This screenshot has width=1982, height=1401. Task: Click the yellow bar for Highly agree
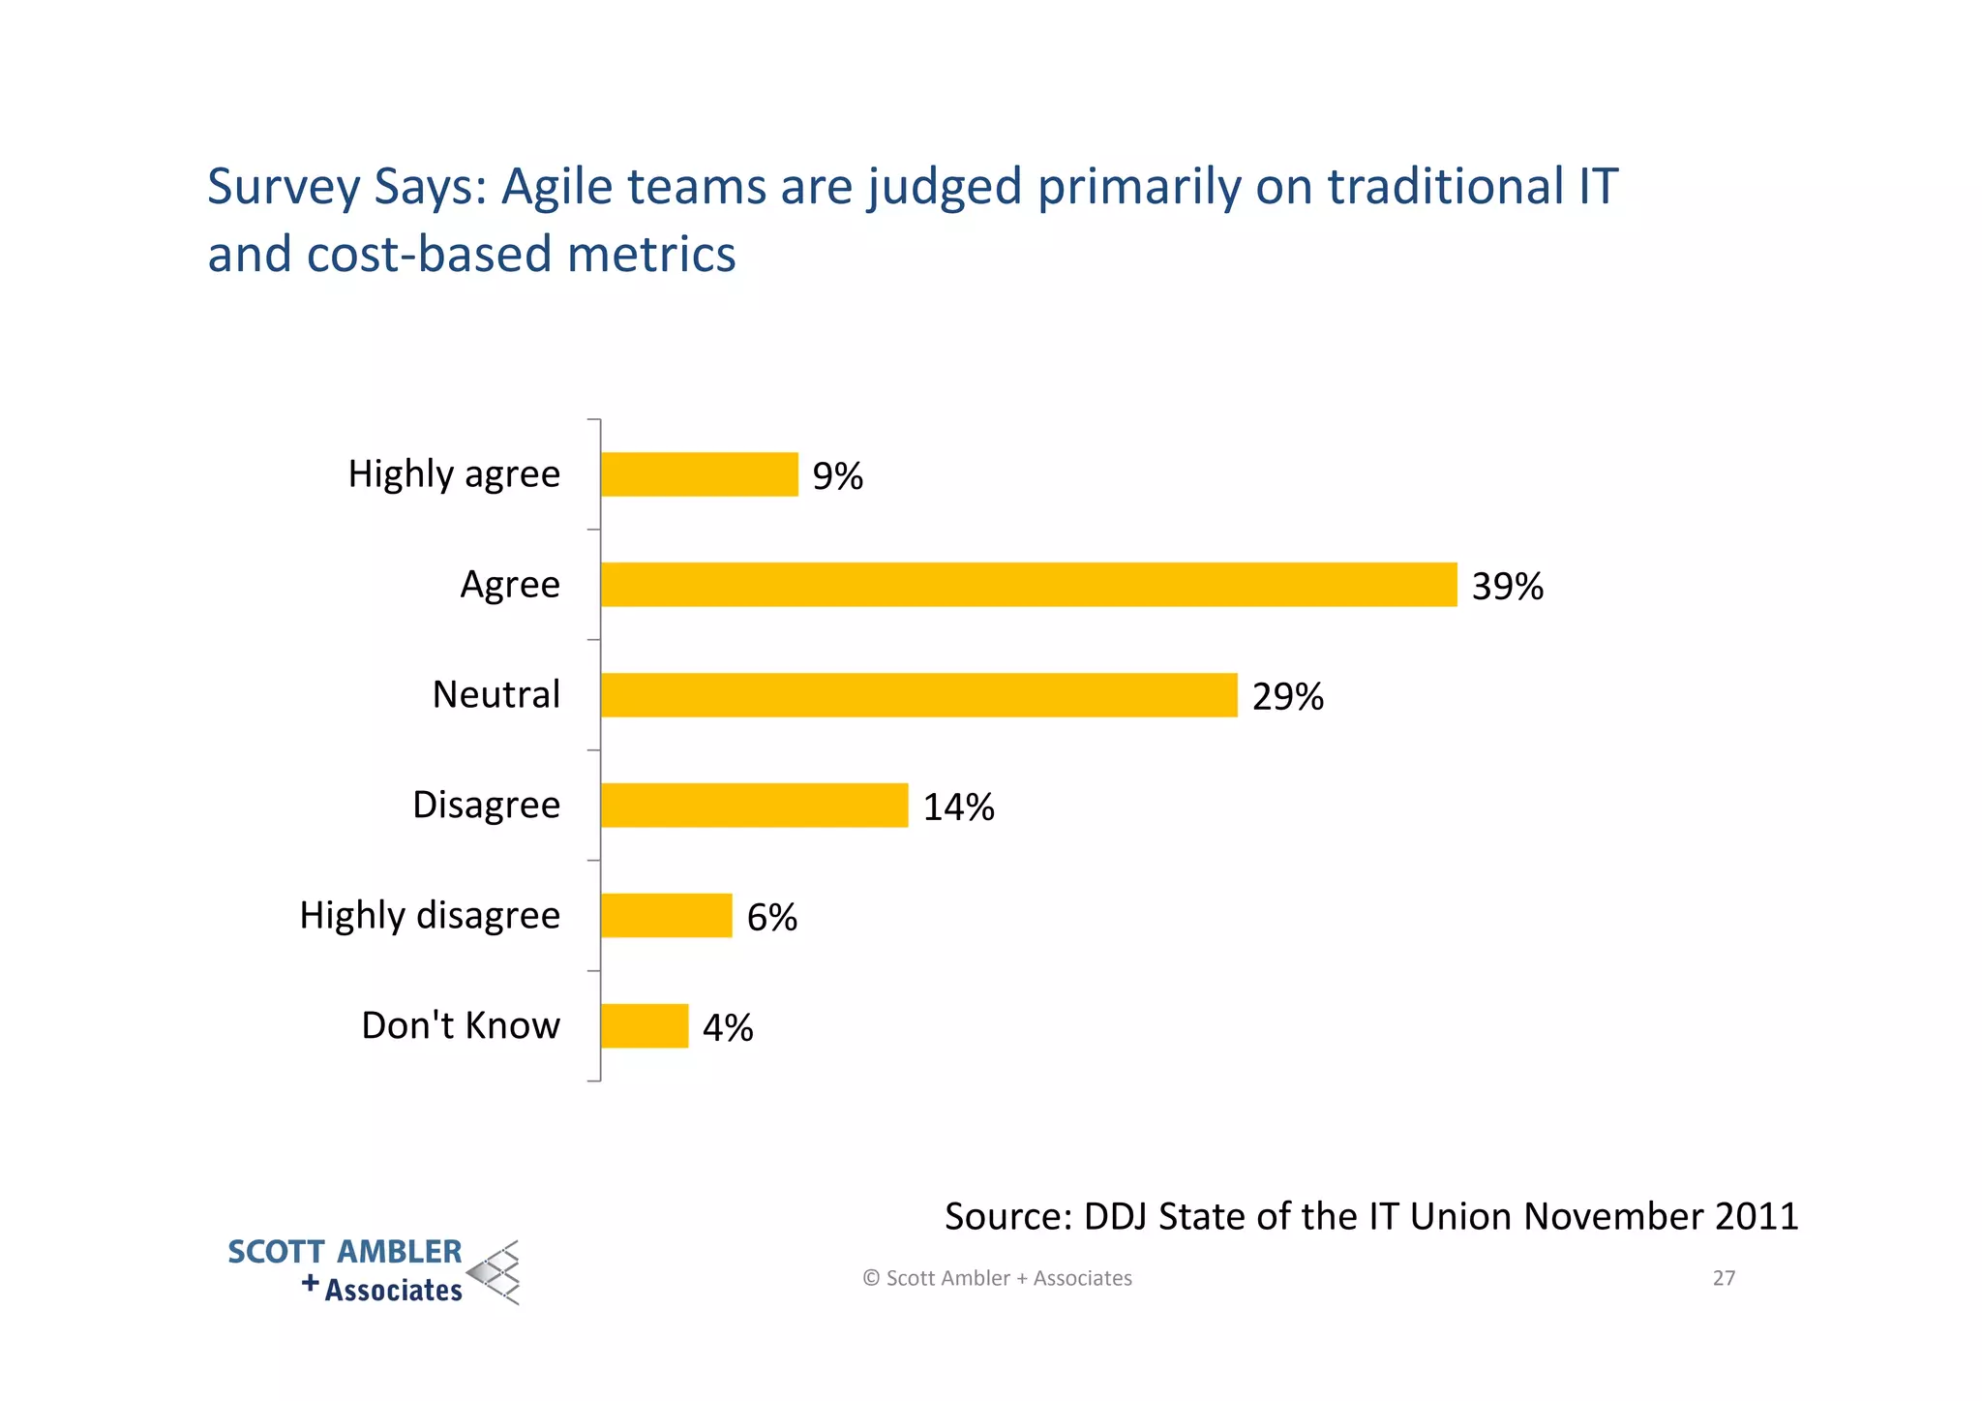tap(699, 474)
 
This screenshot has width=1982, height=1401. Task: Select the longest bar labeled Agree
tap(1028, 585)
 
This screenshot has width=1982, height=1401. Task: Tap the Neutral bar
tap(918, 695)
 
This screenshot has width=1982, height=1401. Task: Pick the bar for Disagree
tap(754, 806)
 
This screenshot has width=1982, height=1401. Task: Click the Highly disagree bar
tap(666, 916)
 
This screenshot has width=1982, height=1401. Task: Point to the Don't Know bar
tap(644, 1026)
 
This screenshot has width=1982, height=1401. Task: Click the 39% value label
tap(1507, 587)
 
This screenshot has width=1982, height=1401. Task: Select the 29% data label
tap(1287, 697)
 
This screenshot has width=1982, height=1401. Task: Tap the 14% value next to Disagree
tap(958, 807)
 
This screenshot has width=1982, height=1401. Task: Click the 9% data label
tap(837, 476)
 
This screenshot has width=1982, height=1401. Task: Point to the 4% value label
tap(728, 1028)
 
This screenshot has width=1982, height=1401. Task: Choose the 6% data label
tap(771, 918)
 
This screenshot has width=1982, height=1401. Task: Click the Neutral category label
tap(495, 695)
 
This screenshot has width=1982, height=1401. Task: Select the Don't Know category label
tap(461, 1026)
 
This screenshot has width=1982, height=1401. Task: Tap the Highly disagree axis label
tap(430, 916)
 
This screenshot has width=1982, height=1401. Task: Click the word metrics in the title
tap(651, 255)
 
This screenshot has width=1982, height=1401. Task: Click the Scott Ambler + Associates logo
tap(374, 1271)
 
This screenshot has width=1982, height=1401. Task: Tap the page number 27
tap(1724, 1278)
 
